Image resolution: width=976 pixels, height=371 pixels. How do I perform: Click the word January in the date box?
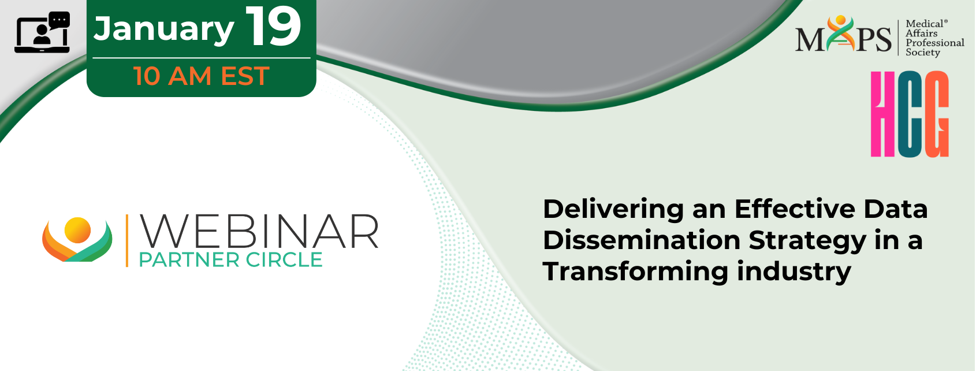(x=164, y=29)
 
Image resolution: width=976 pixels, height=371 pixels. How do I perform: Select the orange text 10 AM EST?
(x=202, y=76)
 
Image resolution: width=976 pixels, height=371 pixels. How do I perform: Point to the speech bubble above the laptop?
(x=59, y=20)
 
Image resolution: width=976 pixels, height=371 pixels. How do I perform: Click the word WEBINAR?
(x=259, y=232)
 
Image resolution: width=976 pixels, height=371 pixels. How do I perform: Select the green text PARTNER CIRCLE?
(x=230, y=260)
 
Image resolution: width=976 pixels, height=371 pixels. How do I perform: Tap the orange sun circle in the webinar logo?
(x=77, y=230)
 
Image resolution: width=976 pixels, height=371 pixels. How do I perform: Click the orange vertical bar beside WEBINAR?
(x=127, y=240)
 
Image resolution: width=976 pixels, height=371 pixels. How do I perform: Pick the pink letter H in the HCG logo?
(x=883, y=114)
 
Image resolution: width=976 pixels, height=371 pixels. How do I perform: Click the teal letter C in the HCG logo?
(x=909, y=114)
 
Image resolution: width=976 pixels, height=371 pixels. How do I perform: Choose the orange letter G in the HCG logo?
(x=936, y=114)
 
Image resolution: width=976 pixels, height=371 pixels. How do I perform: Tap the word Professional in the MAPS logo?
(x=934, y=43)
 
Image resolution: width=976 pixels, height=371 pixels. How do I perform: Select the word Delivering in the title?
(x=613, y=209)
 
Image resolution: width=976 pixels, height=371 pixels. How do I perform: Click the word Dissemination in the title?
(x=642, y=240)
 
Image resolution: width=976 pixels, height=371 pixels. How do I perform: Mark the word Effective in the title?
(x=795, y=209)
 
